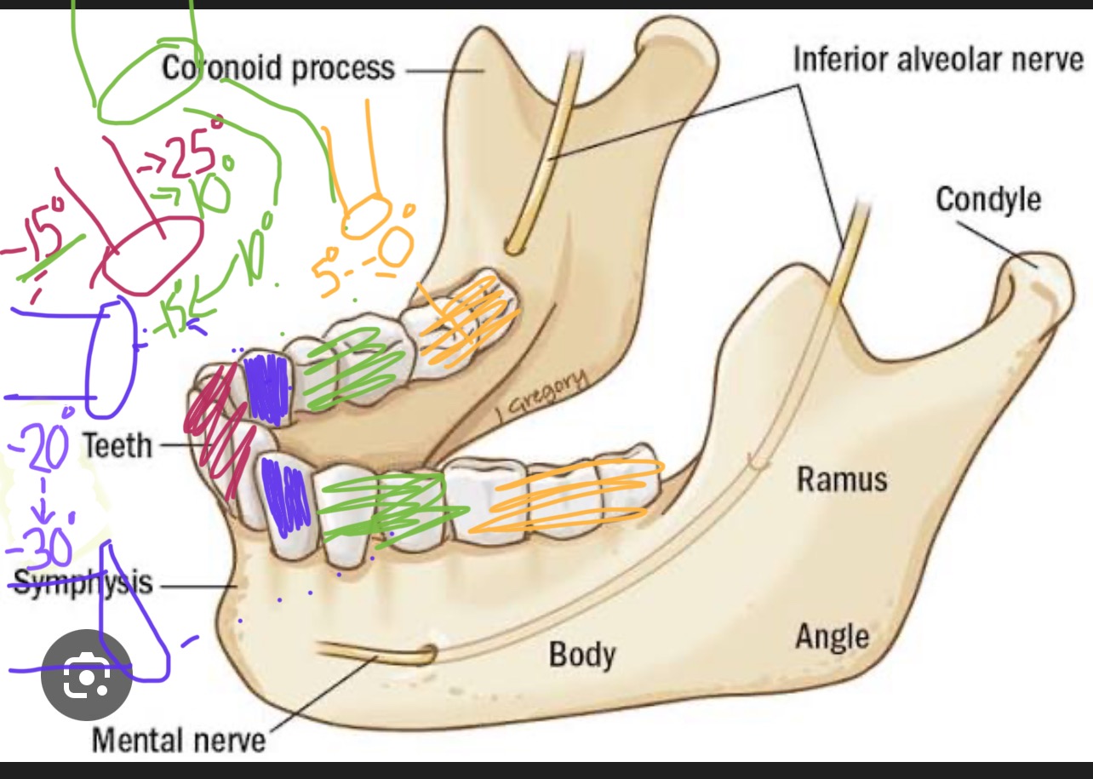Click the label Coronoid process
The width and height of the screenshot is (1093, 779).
[278, 68]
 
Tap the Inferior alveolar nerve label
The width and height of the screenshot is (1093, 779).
[938, 60]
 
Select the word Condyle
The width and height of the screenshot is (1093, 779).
[987, 199]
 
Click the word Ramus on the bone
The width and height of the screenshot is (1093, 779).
[841, 479]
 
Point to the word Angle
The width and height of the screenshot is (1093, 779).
[832, 636]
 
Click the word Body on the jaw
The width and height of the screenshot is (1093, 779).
[581, 655]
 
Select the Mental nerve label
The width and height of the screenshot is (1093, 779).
[178, 739]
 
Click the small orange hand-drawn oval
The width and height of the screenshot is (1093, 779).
[366, 216]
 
